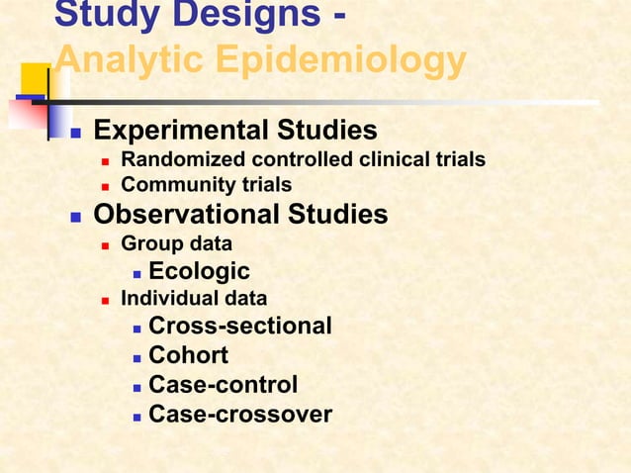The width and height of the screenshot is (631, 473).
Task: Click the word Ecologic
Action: [199, 271]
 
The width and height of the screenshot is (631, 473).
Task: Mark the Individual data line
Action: [194, 298]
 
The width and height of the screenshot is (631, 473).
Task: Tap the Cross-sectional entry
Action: [240, 327]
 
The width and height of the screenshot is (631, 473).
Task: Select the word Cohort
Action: [188, 355]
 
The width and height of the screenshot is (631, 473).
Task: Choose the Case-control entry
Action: [223, 385]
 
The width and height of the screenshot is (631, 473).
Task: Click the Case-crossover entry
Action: [240, 415]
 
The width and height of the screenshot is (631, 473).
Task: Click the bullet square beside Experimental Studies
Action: [75, 133]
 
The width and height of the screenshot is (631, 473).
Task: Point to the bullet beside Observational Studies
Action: [75, 217]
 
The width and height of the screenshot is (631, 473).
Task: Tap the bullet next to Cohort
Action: [136, 357]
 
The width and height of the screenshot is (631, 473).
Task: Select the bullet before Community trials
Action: [104, 186]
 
